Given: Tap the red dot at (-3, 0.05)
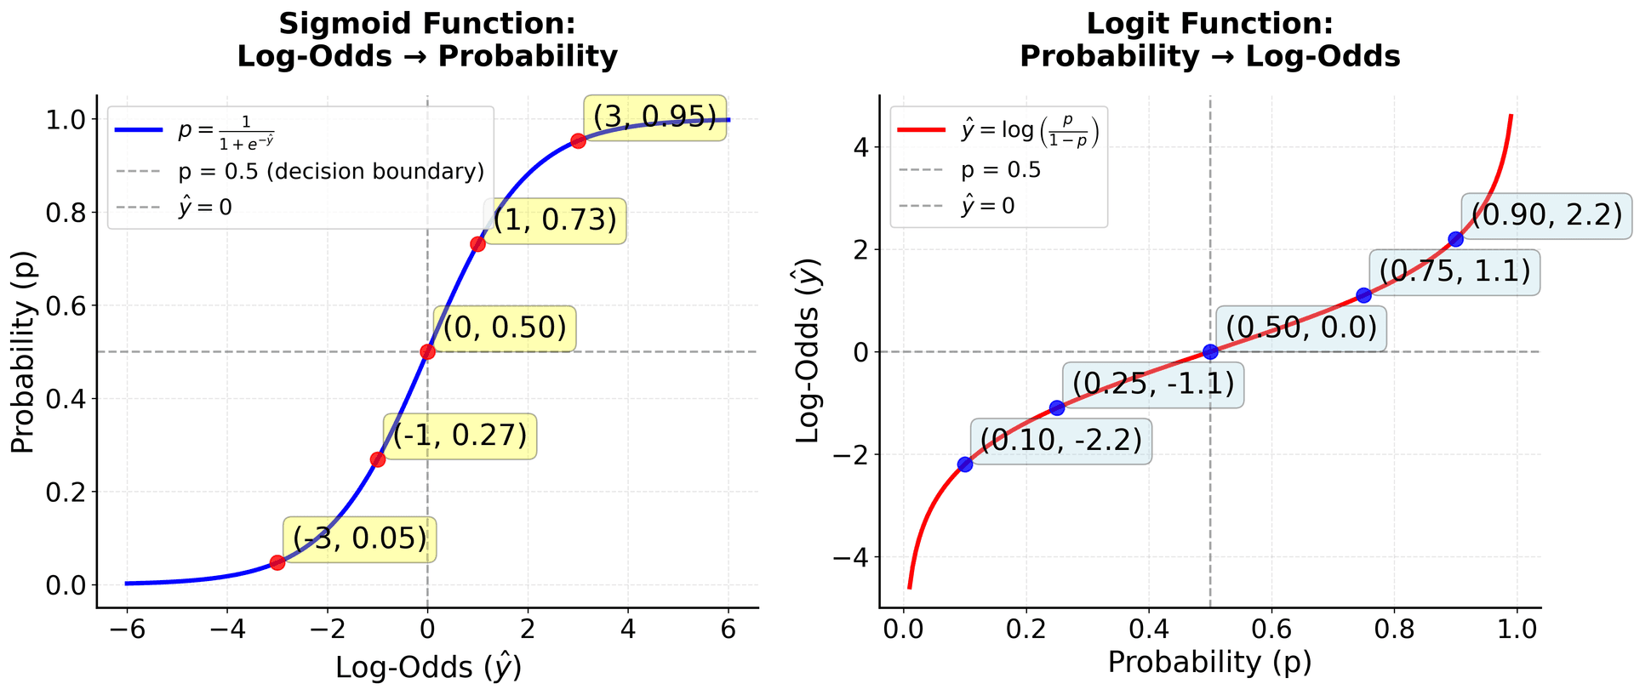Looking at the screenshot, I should pos(277,562).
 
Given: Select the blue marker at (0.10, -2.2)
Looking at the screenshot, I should pos(964,464).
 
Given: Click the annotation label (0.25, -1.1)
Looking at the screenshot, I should pos(1152,385).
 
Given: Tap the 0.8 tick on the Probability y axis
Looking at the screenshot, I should pos(65,213).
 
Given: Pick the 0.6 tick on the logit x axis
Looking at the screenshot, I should pos(1271,630).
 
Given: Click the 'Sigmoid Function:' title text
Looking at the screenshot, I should pos(426,23).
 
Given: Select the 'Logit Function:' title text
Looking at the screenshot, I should pos(1209,23).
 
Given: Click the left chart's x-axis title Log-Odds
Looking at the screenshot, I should pos(428,668).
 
